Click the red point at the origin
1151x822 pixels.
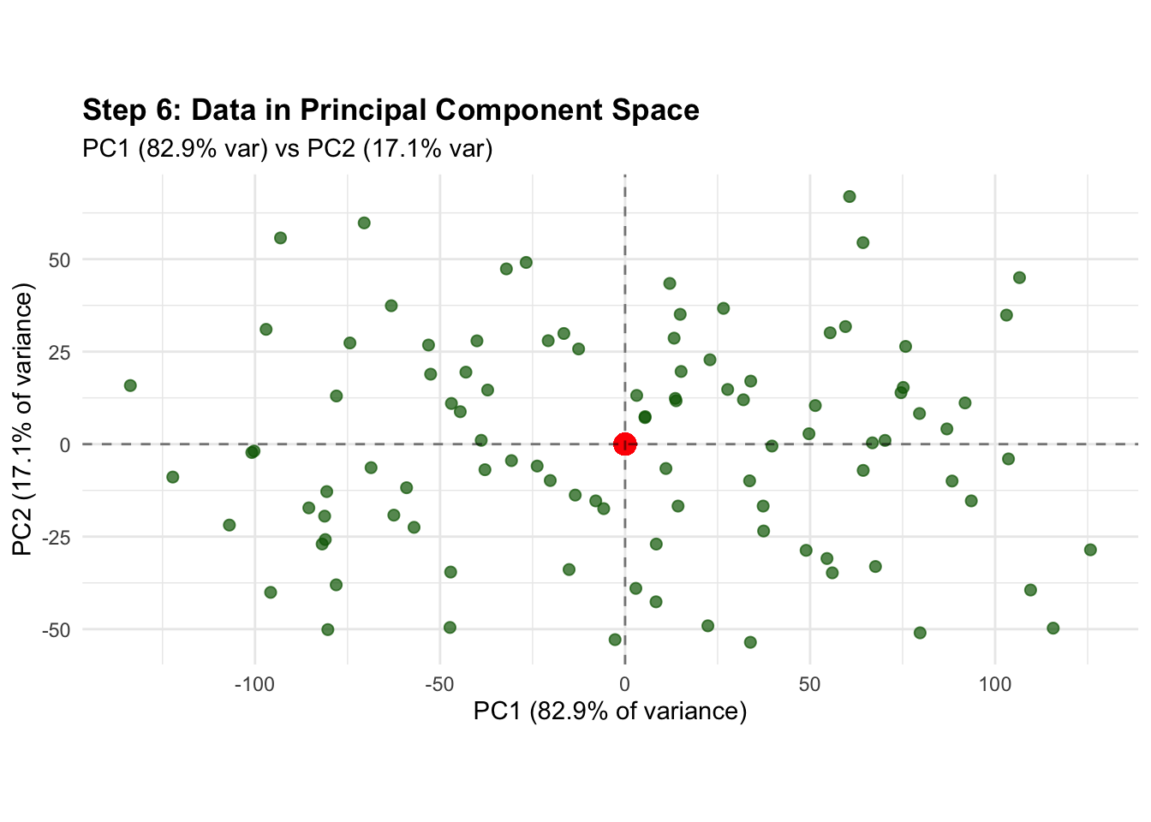point(624,444)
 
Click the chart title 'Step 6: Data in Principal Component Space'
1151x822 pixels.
point(391,110)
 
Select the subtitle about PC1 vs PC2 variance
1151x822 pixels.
point(288,149)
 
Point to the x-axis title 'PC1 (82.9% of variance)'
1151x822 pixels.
point(610,712)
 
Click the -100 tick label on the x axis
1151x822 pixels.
point(254,684)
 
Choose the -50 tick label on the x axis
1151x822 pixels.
point(439,684)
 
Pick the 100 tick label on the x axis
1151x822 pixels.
point(994,684)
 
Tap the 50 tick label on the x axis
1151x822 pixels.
point(809,684)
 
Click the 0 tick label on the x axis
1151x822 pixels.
point(624,684)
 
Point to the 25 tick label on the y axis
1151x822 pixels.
point(60,352)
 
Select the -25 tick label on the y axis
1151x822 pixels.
point(57,537)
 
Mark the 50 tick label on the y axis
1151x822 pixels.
point(60,259)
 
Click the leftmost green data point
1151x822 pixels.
point(130,385)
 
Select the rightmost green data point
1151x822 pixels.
point(1090,550)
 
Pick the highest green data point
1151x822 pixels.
point(850,197)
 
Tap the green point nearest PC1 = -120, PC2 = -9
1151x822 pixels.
point(173,477)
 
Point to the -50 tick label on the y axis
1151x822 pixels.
point(57,629)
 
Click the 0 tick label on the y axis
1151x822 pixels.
point(65,444)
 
